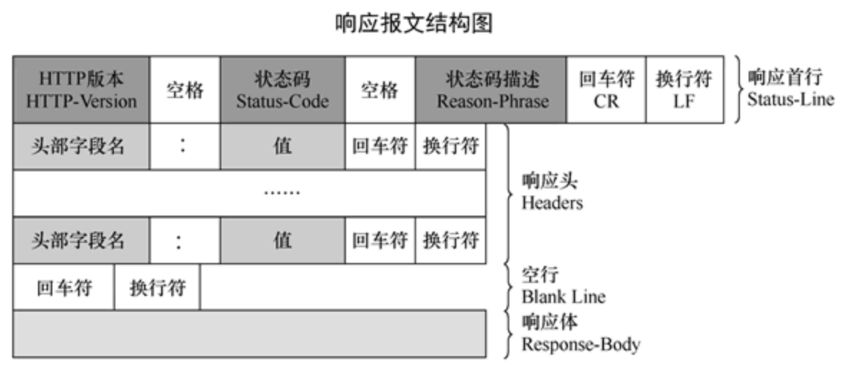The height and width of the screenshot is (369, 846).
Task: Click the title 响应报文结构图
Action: [x=414, y=24]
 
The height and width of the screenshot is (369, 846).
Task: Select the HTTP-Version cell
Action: [x=81, y=90]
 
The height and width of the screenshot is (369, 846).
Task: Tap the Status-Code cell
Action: [x=282, y=90]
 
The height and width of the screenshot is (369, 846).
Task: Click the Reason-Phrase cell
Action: [x=492, y=90]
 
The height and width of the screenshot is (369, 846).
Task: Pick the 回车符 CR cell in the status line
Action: [x=605, y=90]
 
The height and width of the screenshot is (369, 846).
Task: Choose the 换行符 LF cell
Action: [x=684, y=90]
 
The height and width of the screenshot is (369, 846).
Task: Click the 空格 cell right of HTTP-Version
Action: [x=185, y=90]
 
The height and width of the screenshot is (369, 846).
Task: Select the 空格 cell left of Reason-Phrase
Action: [x=380, y=90]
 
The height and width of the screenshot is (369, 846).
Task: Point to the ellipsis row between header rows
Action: [x=249, y=193]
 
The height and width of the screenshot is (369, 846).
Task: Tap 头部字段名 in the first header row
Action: [x=81, y=146]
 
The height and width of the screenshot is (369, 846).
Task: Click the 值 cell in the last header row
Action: [x=282, y=240]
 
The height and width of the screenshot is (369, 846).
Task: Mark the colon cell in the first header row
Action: [x=185, y=146]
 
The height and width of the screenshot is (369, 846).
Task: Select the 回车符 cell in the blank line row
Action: [x=64, y=287]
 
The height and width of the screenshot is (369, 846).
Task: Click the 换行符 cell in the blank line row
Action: [x=157, y=287]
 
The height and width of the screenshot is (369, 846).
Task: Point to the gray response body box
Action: [x=249, y=333]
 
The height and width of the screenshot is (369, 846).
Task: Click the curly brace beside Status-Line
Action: [x=738, y=90]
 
